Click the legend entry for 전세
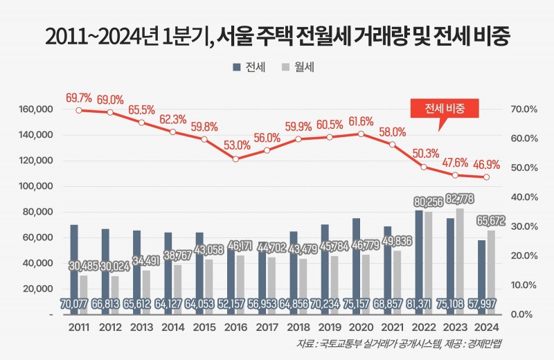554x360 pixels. coord(247,67)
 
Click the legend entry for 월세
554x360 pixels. coord(302,67)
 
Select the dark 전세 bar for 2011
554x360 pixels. coord(74,263)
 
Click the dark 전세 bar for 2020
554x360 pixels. coord(356,263)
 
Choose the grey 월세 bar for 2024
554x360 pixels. coord(491,270)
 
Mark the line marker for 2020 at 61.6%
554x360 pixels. coord(361,134)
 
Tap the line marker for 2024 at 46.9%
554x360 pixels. coord(487,177)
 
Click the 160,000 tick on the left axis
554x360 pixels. coord(35,109)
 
